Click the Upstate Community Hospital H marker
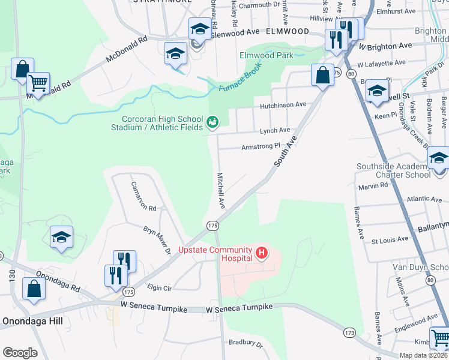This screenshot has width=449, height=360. (x=262, y=254)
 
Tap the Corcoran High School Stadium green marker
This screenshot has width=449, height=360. (x=212, y=122)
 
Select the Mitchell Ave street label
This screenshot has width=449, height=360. (x=221, y=190)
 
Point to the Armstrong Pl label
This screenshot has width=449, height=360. (x=261, y=146)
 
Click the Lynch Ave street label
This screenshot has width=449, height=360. (x=274, y=130)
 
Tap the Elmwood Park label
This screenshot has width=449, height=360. (x=267, y=55)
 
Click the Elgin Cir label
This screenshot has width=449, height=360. (x=160, y=288)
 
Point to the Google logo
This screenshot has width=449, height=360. (x=20, y=352)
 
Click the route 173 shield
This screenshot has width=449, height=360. (x=350, y=331)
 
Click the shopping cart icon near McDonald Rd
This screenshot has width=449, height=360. (x=38, y=83)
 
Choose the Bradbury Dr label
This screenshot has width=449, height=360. (x=246, y=344)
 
